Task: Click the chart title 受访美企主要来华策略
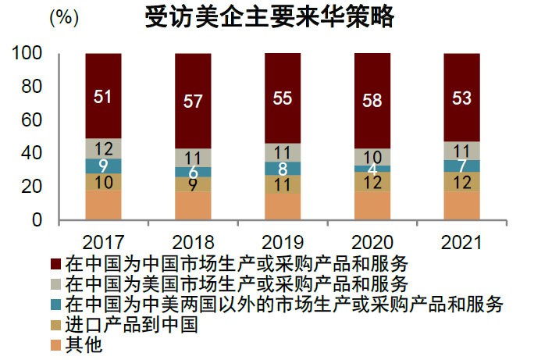[x=269, y=17]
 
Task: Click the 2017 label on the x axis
[x=103, y=240]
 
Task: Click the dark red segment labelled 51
[x=103, y=96]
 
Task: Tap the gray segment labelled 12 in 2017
[x=103, y=148]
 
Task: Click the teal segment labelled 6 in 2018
[x=193, y=172]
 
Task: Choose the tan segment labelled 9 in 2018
[x=193, y=184]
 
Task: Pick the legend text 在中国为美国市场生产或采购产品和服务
[x=237, y=282]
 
